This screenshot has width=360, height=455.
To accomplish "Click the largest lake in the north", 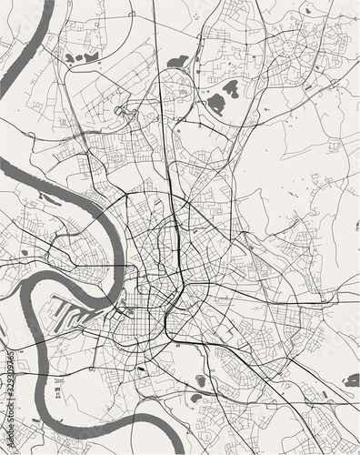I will click(x=222, y=96).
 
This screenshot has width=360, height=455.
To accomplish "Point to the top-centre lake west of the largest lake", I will click(x=178, y=62).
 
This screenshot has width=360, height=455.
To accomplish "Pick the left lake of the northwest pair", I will click(x=71, y=58).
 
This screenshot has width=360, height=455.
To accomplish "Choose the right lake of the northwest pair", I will click(x=90, y=56).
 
